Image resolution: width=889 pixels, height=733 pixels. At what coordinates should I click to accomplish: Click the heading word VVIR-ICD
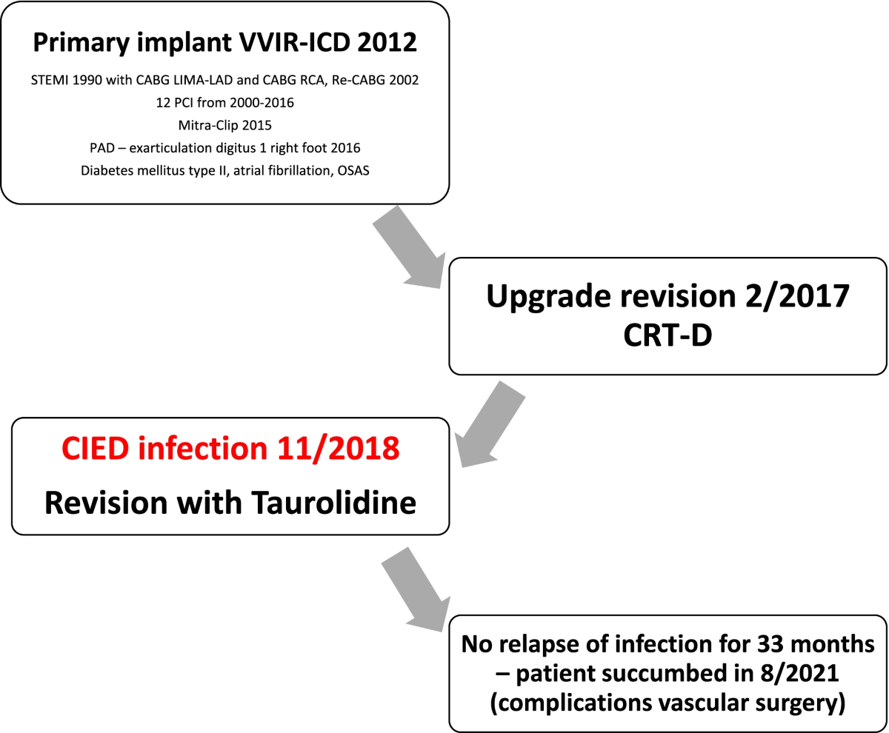click(295, 42)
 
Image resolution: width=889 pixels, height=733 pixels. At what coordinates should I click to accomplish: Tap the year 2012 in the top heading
click(387, 42)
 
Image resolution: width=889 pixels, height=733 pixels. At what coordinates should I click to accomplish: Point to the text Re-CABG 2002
click(375, 80)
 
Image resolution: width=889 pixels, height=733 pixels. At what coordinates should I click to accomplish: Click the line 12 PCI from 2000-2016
click(224, 103)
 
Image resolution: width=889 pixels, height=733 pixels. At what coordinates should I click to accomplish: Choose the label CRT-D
click(667, 335)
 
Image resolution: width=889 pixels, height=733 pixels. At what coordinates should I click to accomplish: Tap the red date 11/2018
click(338, 448)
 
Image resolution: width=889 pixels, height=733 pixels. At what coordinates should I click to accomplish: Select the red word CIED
click(95, 448)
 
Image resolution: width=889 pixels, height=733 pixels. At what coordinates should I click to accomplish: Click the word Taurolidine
click(333, 502)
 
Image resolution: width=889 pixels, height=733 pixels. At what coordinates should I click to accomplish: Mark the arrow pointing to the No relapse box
click(416, 590)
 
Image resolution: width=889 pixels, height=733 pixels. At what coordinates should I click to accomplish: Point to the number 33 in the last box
click(770, 643)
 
